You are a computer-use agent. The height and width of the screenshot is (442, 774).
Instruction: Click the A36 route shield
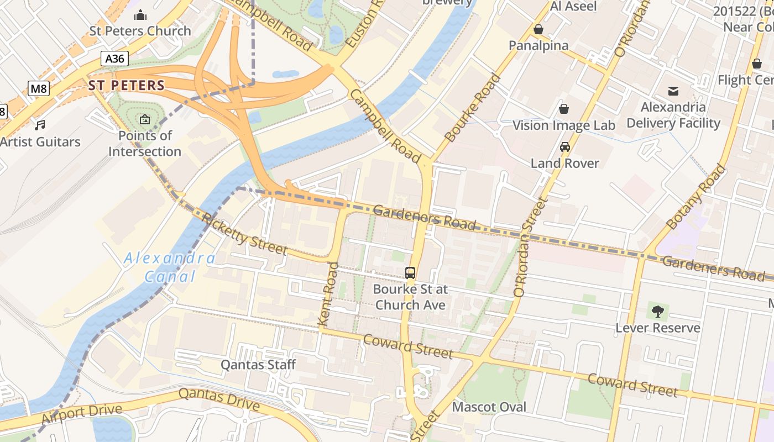click(115, 59)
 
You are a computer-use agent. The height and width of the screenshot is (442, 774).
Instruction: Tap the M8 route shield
click(39, 88)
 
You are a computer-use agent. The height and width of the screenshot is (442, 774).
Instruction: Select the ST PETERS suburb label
click(127, 85)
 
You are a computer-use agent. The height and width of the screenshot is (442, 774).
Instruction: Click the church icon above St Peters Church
click(140, 14)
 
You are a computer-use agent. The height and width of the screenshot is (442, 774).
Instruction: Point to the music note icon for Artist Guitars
click(40, 125)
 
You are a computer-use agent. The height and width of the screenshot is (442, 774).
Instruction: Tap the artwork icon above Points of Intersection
click(145, 119)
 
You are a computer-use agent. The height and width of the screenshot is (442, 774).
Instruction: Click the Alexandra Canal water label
click(170, 267)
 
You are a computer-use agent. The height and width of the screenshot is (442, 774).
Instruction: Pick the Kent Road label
click(328, 294)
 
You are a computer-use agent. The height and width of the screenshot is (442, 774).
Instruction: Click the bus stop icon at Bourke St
click(410, 272)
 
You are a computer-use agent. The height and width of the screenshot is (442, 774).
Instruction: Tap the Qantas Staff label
click(258, 365)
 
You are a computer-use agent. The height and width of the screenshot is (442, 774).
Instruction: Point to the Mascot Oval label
click(489, 407)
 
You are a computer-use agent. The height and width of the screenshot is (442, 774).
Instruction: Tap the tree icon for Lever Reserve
click(657, 312)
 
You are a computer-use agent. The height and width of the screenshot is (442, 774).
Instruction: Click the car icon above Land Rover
click(564, 147)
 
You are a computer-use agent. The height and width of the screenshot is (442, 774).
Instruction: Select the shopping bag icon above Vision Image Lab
click(564, 109)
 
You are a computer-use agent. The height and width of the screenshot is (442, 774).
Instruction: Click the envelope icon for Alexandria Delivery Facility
click(673, 91)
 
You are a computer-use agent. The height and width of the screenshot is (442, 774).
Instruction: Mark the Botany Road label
click(695, 197)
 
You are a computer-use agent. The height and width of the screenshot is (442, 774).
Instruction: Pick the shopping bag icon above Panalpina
click(538, 29)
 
